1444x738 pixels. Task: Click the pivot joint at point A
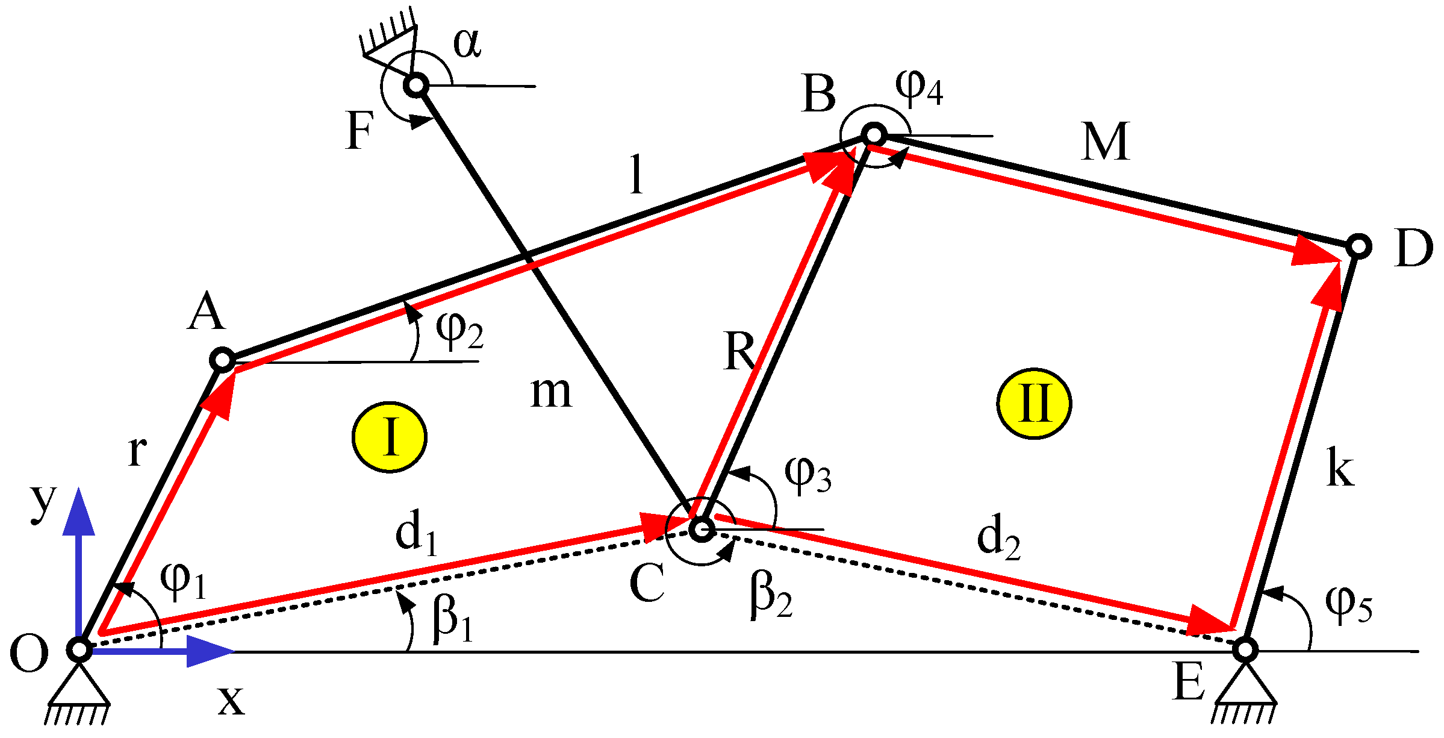[222, 360]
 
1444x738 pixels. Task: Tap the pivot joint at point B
[874, 134]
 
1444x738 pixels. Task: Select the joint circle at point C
[702, 529]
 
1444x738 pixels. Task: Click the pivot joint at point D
[1358, 246]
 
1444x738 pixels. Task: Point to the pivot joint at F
[417, 86]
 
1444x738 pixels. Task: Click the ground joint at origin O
[79, 650]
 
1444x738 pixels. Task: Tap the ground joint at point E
[1245, 650]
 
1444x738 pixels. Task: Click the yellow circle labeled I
[390, 437]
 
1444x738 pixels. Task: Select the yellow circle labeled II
[1034, 403]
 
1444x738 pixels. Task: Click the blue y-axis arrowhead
[79, 512]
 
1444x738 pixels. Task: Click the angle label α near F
[467, 43]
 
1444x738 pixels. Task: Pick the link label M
[1105, 142]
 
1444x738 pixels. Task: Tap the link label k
[1339, 469]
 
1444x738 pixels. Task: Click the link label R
[739, 351]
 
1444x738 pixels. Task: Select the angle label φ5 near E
[1348, 604]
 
